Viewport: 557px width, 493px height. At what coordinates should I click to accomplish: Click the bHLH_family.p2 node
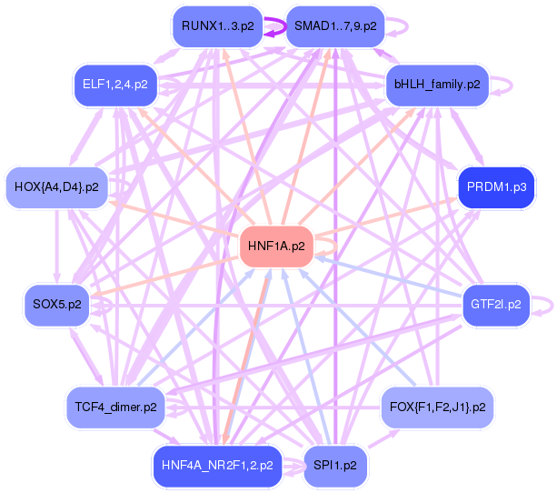[437, 86]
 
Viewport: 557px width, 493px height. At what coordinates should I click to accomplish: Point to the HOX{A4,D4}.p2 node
[56, 187]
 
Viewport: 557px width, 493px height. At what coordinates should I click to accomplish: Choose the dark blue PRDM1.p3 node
[496, 187]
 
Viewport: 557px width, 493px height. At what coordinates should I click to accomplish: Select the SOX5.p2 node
[57, 305]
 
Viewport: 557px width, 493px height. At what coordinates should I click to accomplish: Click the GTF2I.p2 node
[496, 305]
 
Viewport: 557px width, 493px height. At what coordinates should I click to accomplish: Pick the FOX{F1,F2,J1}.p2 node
[437, 407]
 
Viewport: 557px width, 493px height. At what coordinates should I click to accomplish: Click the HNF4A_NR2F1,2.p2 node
[217, 466]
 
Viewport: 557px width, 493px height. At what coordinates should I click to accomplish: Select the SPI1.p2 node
[337, 466]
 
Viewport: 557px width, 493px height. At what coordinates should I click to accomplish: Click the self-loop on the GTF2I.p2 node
[542, 305]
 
